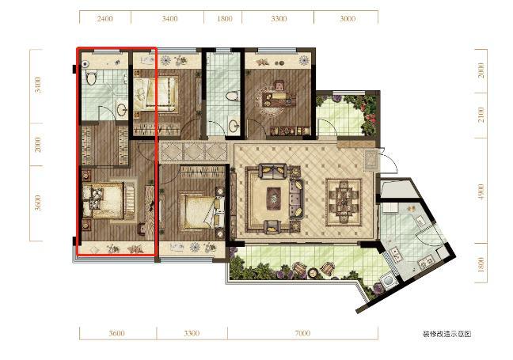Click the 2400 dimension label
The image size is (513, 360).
tap(104, 19)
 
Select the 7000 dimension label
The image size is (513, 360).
tap(302, 333)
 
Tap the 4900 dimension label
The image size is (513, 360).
tap(481, 192)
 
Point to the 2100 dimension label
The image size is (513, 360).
tap(481, 115)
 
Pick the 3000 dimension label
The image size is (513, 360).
tap(347, 19)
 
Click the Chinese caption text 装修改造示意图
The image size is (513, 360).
tap(447, 334)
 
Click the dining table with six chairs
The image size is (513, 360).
tap(344, 202)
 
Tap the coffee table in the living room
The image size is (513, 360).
tap(273, 198)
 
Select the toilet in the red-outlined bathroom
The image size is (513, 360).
tap(91, 78)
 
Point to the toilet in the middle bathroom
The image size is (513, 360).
tap(232, 96)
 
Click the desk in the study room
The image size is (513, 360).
tap(279, 100)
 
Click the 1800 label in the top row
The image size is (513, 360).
tap(225, 19)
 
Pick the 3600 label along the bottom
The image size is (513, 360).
tap(117, 333)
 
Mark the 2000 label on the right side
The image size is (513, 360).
tap(481, 70)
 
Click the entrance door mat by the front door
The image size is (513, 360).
tap(371, 161)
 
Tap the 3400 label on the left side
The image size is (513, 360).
tap(38, 85)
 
